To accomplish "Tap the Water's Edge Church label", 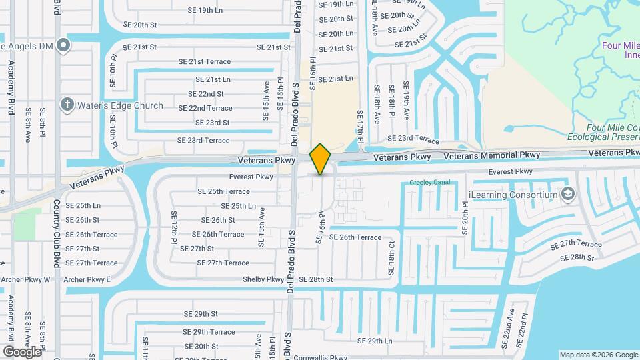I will click(120, 105).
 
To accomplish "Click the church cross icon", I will click(67, 105).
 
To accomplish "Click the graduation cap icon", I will click(568, 195).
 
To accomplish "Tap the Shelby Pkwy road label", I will click(263, 279).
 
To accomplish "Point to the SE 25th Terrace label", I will click(223, 191).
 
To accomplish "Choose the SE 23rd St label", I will click(212, 123).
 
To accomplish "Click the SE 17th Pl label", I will click(359, 127).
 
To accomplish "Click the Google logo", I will click(22, 351).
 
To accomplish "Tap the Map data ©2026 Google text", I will click(598, 355).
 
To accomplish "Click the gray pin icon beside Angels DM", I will click(63, 45).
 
